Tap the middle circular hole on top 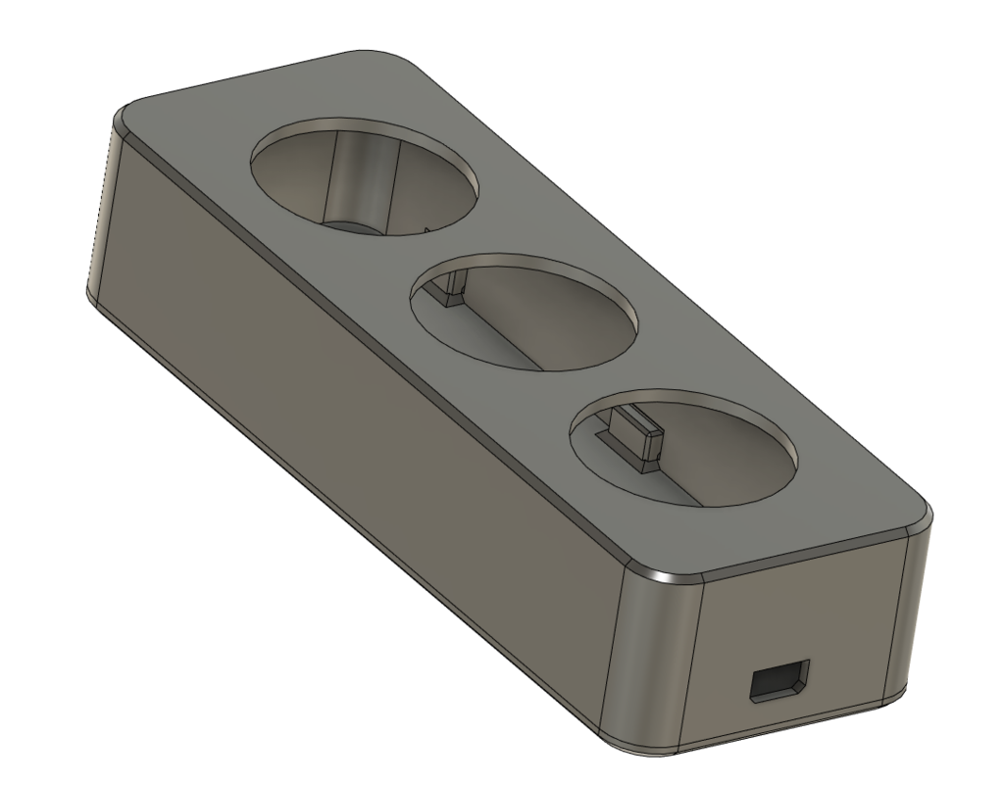pos(525,312)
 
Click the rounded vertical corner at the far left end pos(102,216)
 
